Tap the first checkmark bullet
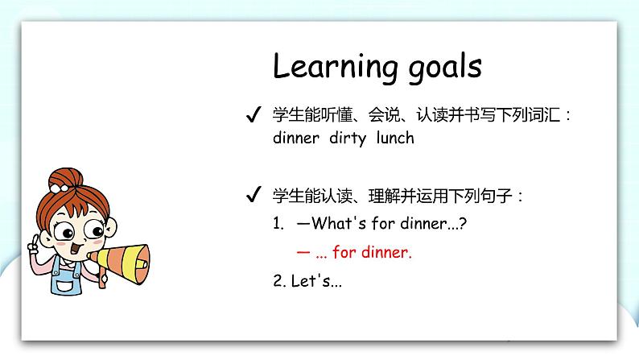(252, 115)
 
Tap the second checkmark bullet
(252, 196)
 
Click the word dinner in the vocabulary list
(296, 138)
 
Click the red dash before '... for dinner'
(303, 253)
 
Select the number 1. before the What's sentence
(278, 223)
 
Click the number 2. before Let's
(278, 282)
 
